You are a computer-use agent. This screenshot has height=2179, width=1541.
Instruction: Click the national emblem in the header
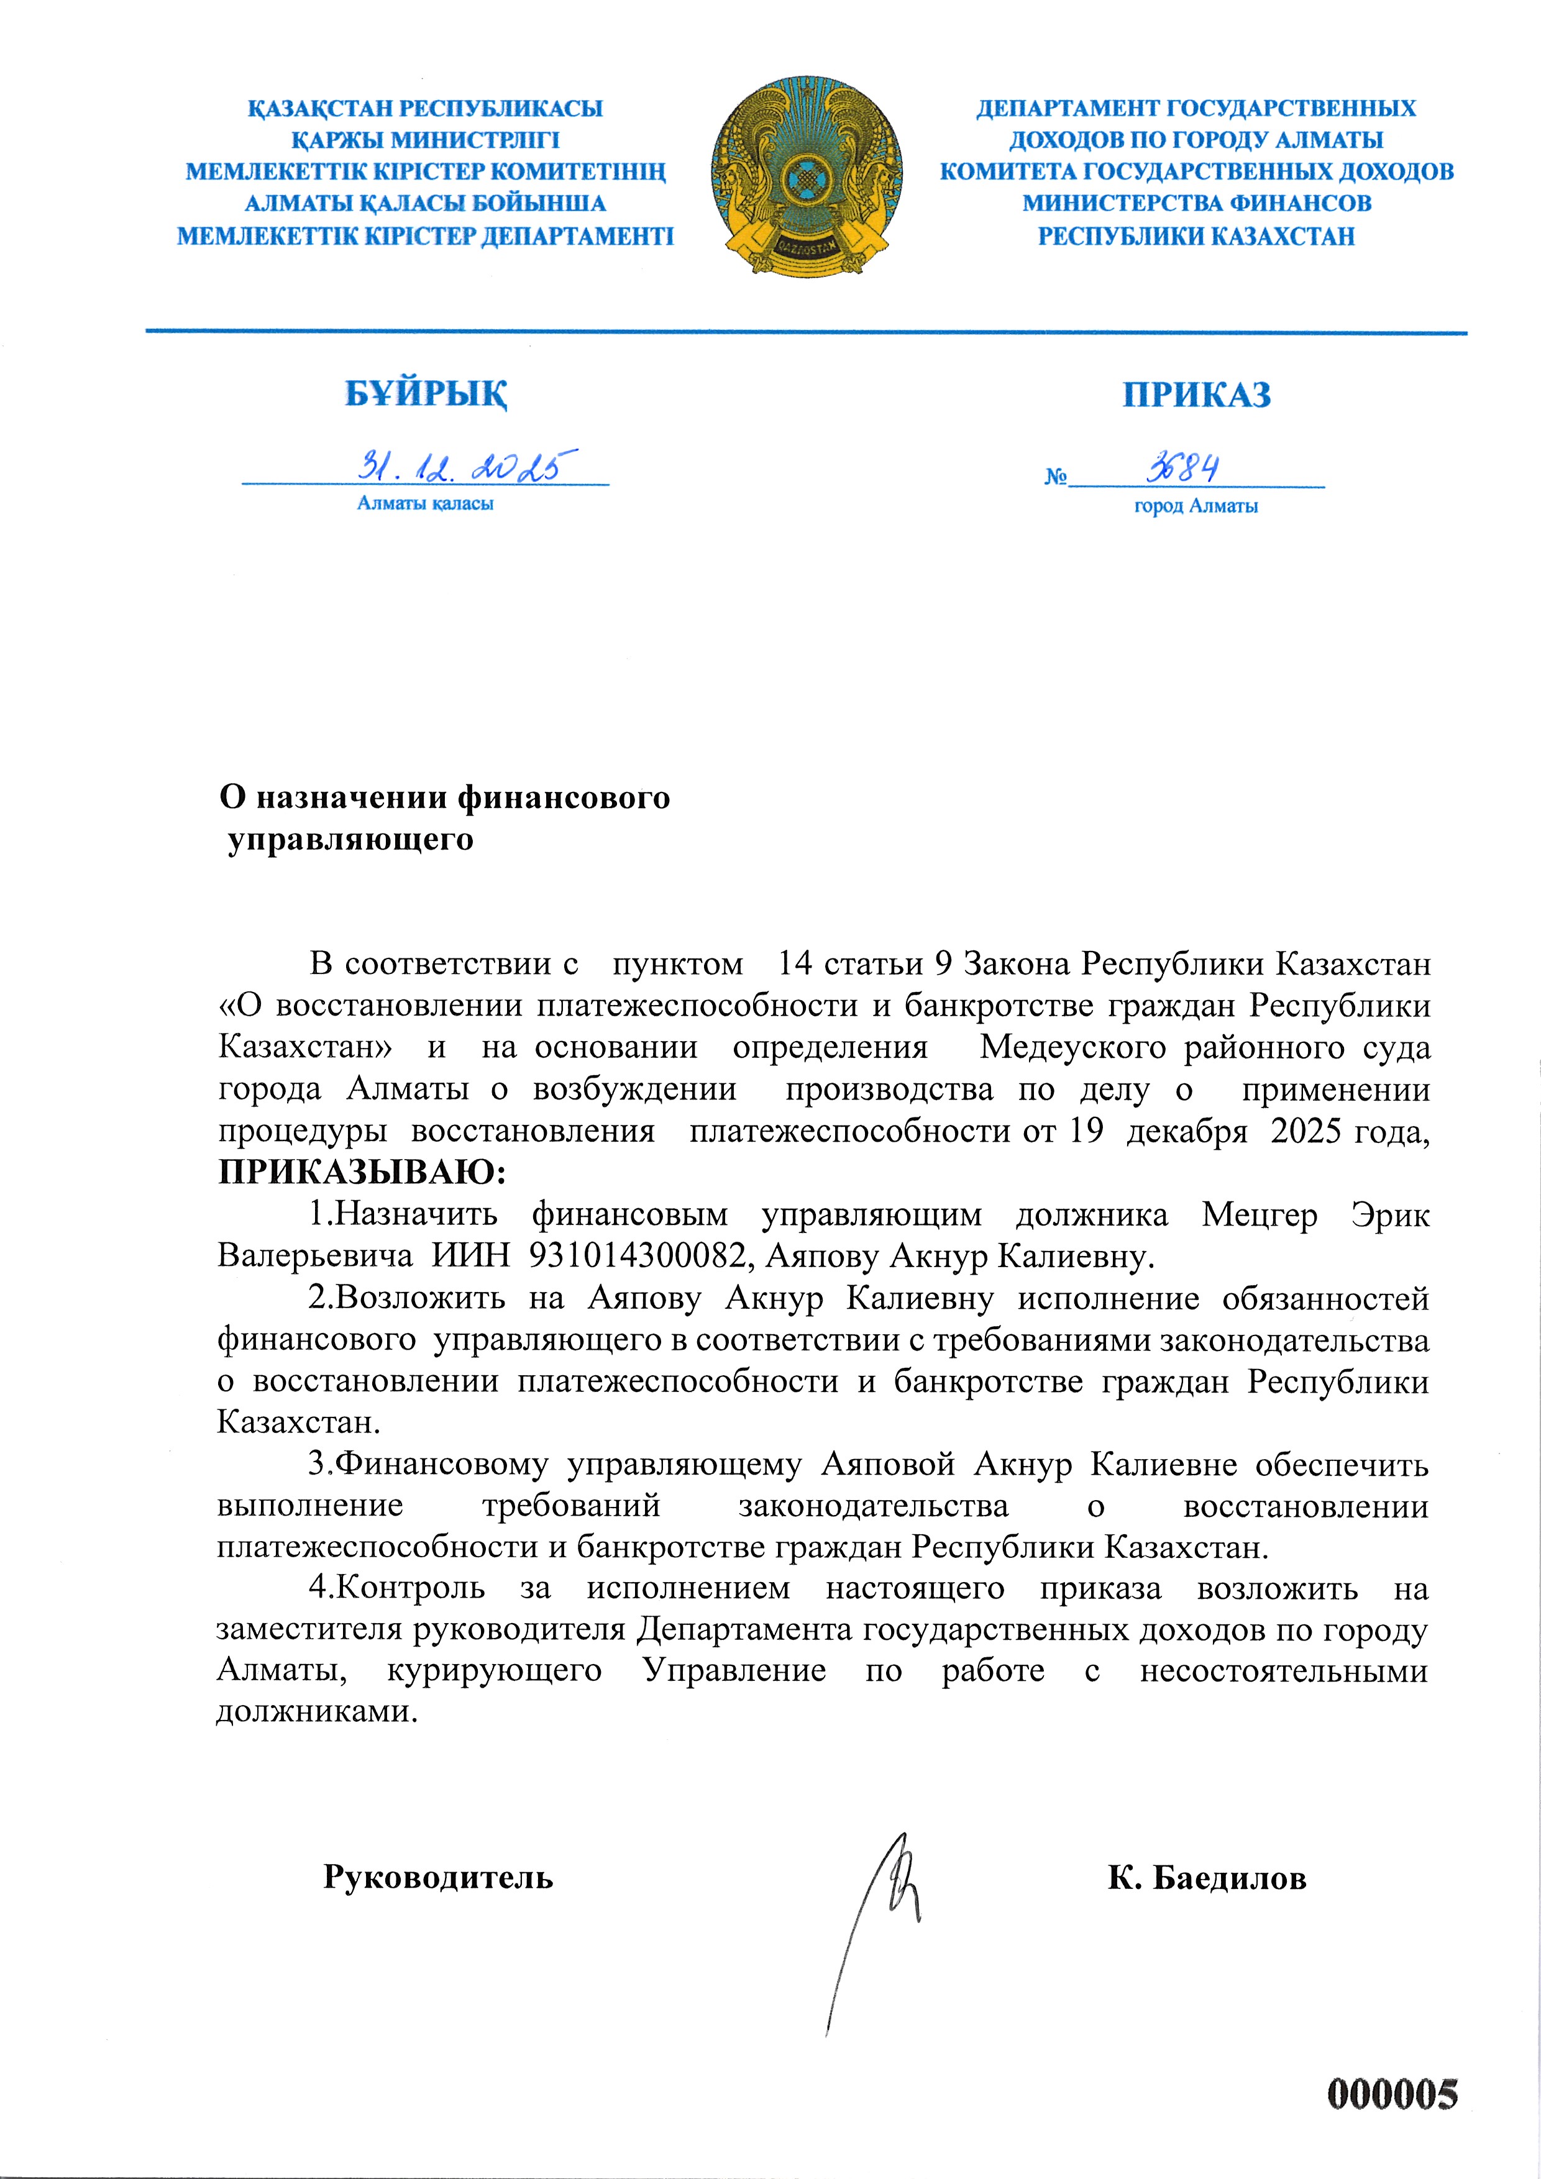pos(806,176)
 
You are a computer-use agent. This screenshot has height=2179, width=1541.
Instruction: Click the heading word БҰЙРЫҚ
pos(426,393)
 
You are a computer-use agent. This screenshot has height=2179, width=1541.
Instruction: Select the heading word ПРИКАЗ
pos(1196,395)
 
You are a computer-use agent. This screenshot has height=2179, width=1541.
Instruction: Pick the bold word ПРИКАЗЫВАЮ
pos(361,1173)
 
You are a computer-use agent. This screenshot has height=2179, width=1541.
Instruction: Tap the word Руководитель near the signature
pos(437,1876)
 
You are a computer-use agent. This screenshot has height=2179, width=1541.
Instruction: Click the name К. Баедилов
pos(1206,1877)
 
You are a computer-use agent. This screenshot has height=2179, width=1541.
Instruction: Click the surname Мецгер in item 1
pos(1259,1215)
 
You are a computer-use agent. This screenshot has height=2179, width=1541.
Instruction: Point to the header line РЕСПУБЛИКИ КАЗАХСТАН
pos(1196,235)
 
